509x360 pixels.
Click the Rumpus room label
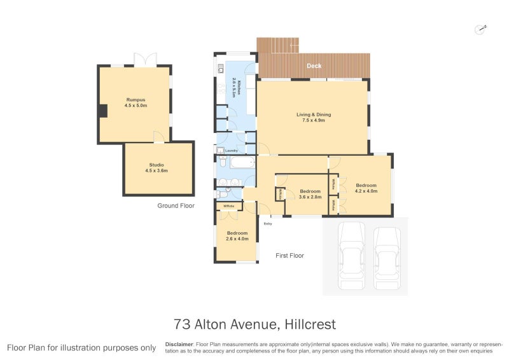pos(135,102)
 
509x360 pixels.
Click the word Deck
pos(314,66)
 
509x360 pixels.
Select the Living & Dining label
pos(314,117)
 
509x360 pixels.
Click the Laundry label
pos(231,151)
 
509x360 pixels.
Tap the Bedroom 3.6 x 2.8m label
pos(310,194)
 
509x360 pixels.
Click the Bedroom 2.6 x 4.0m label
pos(237,236)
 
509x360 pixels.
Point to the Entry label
pos(268,223)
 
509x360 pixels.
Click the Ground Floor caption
pos(176,206)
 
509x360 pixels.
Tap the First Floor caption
pos(289,256)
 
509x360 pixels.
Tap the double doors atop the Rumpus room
pos(144,59)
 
